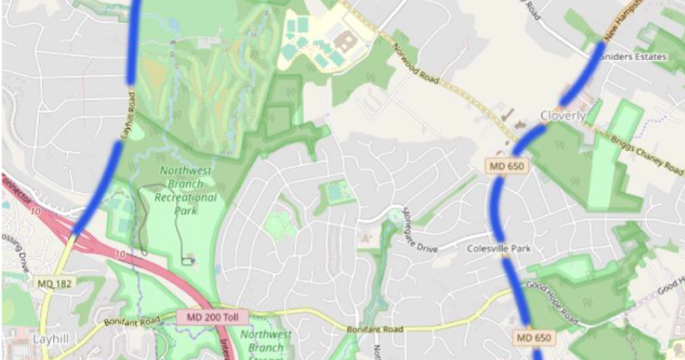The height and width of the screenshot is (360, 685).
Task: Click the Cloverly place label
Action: coord(562,116)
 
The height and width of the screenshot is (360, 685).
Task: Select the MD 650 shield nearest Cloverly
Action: coord(506,167)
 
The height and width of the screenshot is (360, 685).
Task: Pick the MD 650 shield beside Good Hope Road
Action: coord(535,337)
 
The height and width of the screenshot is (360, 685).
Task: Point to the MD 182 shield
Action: coord(55,284)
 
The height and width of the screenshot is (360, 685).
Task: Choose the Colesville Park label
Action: coord(499,249)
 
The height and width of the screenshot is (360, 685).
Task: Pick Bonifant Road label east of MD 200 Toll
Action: coord(375,328)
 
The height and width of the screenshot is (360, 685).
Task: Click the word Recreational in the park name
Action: coord(187,197)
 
